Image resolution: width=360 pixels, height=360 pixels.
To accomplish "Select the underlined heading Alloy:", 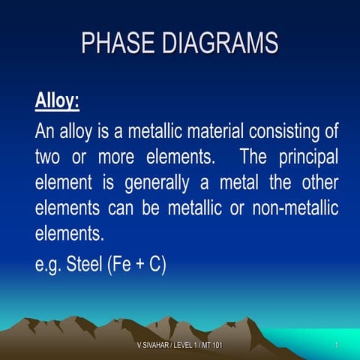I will [57, 100].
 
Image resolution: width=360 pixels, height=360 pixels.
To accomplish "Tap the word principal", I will [299, 158].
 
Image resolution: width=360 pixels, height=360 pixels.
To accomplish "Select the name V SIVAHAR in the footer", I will [155, 344].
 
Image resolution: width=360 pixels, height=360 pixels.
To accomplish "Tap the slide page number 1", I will [338, 344].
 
